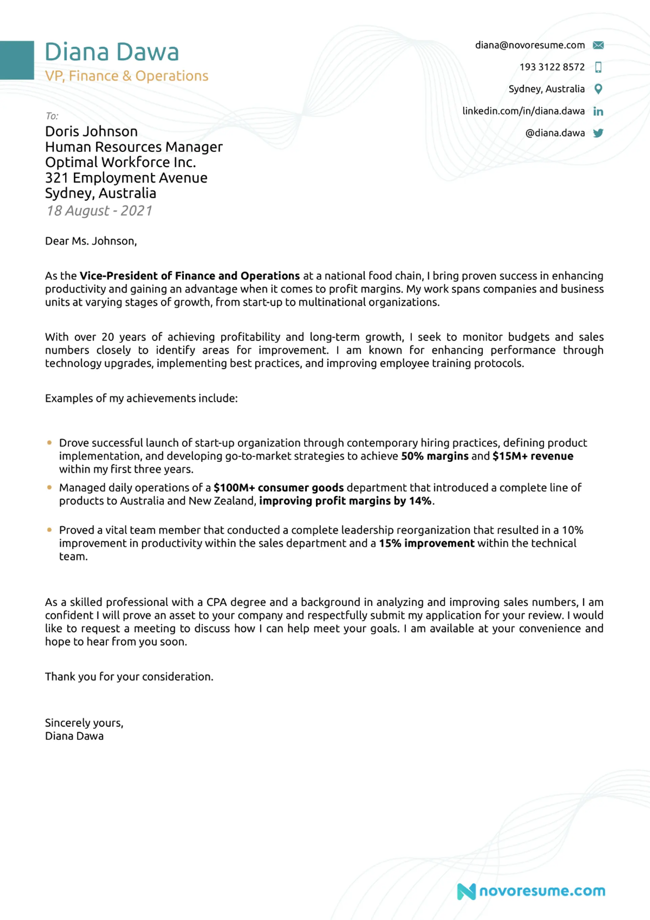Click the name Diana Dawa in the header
pos(112,52)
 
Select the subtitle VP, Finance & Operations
pos(127,76)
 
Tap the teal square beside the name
pos(17,60)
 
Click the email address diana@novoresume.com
pos(530,45)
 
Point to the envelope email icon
pos(598,45)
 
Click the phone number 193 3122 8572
pos(552,67)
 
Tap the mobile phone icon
pos(598,67)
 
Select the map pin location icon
pos(598,89)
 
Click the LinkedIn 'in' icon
pos(598,111)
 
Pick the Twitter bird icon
pos(598,133)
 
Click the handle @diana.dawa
pos(555,133)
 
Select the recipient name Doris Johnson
pos(91,131)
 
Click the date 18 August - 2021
pos(100,211)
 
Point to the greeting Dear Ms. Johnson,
pos(91,241)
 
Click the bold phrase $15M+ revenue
pos(533,456)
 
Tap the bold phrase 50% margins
pos(434,456)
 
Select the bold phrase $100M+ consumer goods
pos(279,488)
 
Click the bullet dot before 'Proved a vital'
pos(49,530)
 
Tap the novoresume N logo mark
pos(466,891)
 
